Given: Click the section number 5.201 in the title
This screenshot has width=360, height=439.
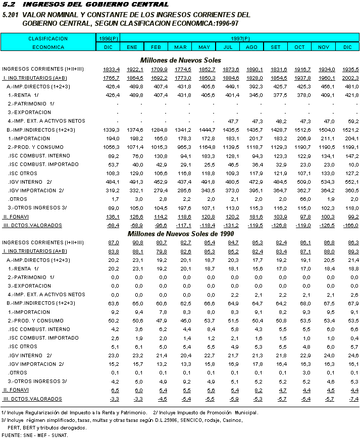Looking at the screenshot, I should pyautogui.click(x=11, y=15).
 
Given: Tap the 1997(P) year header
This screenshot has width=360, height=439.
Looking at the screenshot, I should pyautogui.click(x=240, y=38).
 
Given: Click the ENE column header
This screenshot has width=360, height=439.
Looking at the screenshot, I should pyautogui.click(x=132, y=47).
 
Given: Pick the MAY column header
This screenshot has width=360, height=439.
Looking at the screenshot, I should pyautogui.click(x=204, y=47).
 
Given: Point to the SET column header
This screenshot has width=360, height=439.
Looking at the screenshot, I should pyautogui.click(x=276, y=47).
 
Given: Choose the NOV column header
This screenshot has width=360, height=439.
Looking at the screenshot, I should pyautogui.click(x=323, y=47).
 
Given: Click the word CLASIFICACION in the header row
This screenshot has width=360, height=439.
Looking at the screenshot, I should pyautogui.click(x=48, y=38).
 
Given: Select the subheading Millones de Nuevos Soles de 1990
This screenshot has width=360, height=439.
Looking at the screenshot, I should pyautogui.click(x=180, y=234).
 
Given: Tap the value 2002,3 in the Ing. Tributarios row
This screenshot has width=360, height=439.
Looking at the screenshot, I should pyautogui.click(x=350, y=78).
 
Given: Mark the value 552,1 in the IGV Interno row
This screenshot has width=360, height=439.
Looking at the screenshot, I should pyautogui.click(x=350, y=182).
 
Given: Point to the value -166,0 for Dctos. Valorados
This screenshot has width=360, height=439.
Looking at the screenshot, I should pyautogui.click(x=349, y=225).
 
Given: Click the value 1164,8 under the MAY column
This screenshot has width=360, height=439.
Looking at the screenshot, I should pyautogui.click(x=207, y=147).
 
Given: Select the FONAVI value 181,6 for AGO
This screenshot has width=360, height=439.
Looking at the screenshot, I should pyautogui.click(x=254, y=216).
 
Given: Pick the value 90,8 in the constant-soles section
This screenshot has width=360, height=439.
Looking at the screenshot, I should pyautogui.click(x=136, y=243).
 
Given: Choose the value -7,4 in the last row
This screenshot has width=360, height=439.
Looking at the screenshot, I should pyautogui.click(x=352, y=399).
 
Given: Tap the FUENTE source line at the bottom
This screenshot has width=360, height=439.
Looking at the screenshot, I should pyautogui.click(x=35, y=435).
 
